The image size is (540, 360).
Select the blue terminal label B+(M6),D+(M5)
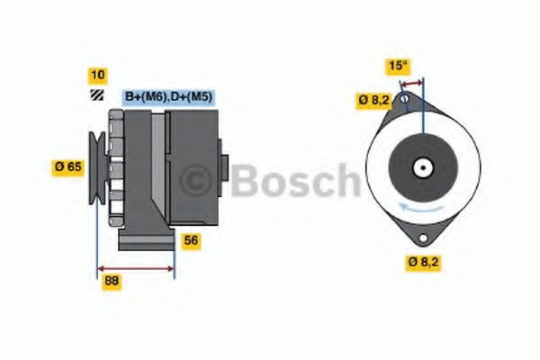167,96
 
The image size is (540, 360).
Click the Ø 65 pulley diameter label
69,166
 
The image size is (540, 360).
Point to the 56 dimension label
190,240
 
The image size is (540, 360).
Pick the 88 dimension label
111,280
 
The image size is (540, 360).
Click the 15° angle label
398,65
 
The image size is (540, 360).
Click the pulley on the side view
96,166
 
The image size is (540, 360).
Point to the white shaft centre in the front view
420,167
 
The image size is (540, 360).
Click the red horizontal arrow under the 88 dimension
135,268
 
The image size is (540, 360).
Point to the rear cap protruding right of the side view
225,166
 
